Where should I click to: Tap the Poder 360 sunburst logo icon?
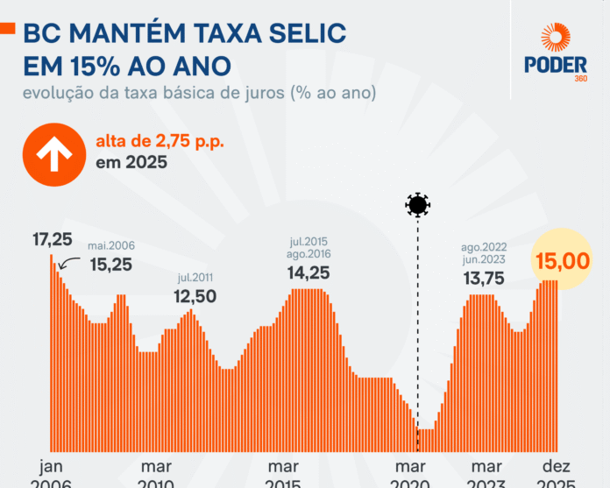pos(556,40)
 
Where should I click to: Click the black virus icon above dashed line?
pos(418,206)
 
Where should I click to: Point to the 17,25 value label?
pos(52,238)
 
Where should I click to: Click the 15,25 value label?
pos(110,264)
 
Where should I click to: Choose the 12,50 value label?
pos(195,296)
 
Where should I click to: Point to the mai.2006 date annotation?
pos(110,246)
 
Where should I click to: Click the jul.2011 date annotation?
pos(195,279)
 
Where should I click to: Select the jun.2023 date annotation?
pos(485,260)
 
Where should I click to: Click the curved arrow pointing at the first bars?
pos(72,261)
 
